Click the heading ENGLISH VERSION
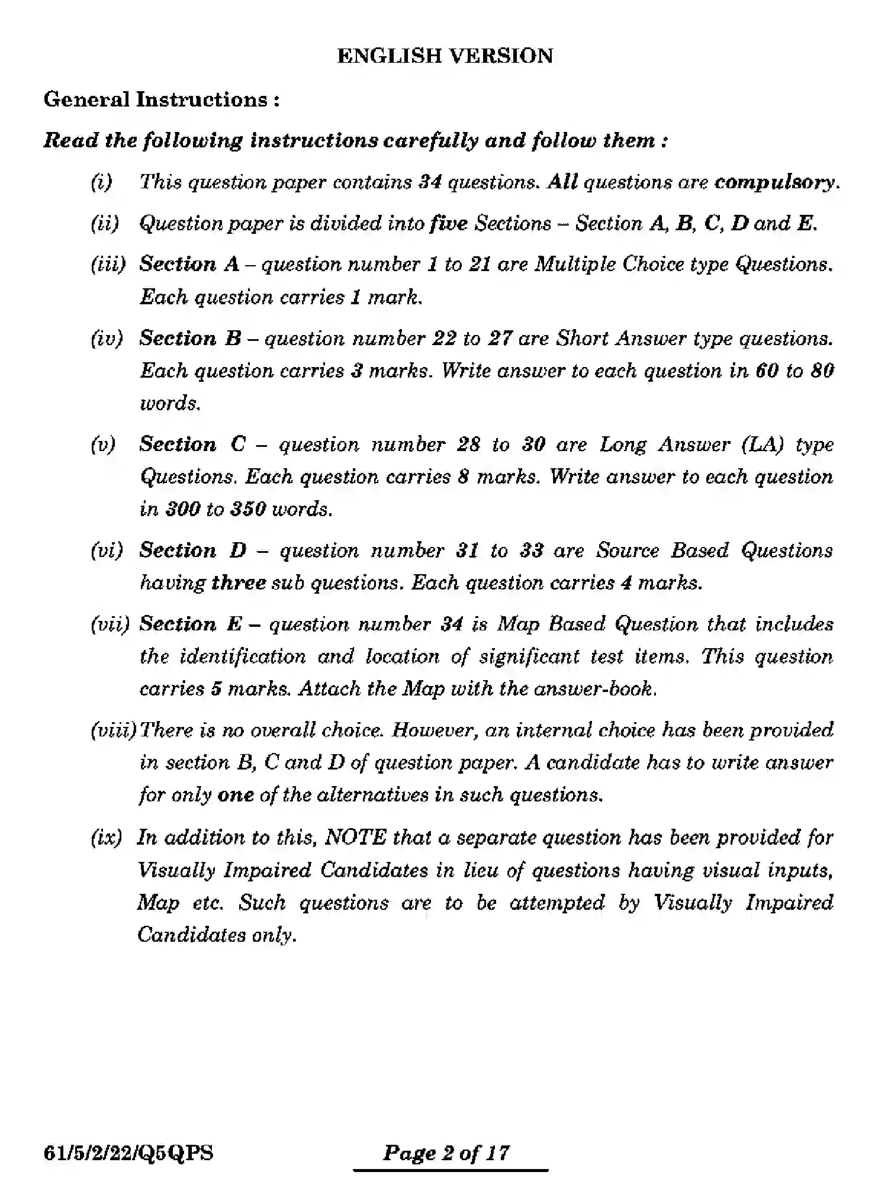445,56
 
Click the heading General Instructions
161,99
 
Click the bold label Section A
189,264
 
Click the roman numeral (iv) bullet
107,339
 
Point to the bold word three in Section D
239,583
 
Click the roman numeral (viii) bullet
113,730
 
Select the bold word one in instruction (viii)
235,795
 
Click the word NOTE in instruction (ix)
356,838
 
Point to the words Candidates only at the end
216,935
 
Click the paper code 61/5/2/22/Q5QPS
128,1153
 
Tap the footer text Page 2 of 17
446,1153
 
